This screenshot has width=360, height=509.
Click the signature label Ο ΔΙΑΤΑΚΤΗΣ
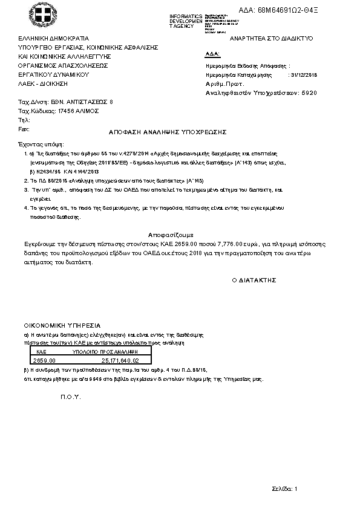(254, 280)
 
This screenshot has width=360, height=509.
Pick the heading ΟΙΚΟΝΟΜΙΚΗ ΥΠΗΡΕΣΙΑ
(62, 325)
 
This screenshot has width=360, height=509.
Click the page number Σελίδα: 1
(284, 488)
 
